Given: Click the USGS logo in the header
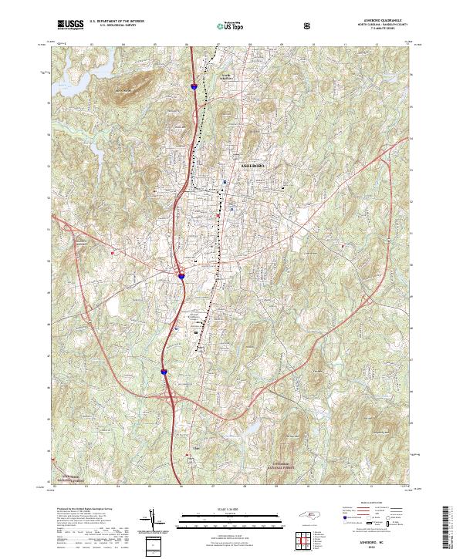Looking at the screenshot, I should (70, 25).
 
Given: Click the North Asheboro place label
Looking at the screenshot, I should (225, 75).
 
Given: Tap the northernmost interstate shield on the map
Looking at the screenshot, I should (194, 87).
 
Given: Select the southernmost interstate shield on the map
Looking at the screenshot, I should (164, 372).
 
